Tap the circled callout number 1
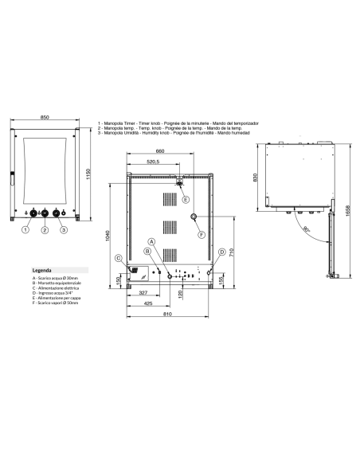pos(25,230)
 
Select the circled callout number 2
pos(45,230)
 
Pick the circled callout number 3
pos(65,230)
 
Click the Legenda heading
pos(42,271)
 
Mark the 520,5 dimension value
pos(153,162)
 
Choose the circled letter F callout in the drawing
pos(201,234)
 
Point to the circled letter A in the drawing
pos(151,241)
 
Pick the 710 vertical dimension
pos(231,254)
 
